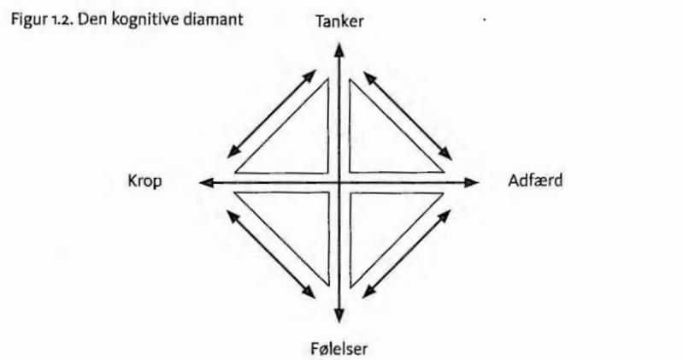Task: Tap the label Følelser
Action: [339, 348]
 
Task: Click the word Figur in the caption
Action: [24, 21]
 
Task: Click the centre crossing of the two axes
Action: [340, 182]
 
